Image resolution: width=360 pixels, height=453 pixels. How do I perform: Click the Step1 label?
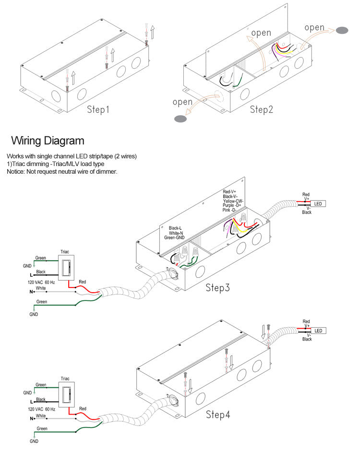pyautogui.click(x=98, y=109)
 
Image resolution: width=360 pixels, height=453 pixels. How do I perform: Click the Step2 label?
pyautogui.click(x=262, y=109)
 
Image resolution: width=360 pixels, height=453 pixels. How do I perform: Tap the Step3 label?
pyautogui.click(x=218, y=288)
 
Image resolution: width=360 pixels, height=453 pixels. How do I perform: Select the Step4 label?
pyautogui.click(x=218, y=415)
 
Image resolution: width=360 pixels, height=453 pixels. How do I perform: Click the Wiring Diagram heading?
pyautogui.click(x=48, y=141)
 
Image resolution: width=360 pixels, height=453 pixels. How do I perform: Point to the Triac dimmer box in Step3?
pyautogui.click(x=66, y=268)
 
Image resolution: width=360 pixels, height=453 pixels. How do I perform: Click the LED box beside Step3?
pyautogui.click(x=318, y=204)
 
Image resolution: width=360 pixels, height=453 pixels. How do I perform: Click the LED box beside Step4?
pyautogui.click(x=318, y=331)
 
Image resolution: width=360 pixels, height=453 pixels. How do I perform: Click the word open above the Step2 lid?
pyautogui.click(x=261, y=33)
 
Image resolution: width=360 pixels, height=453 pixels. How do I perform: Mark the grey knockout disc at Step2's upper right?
pyautogui.click(x=341, y=30)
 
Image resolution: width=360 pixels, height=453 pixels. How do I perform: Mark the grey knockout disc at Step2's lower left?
pyautogui.click(x=180, y=119)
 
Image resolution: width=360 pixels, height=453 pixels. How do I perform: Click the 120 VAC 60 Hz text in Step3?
pyautogui.click(x=41, y=283)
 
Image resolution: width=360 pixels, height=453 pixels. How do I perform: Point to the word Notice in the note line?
pyautogui.click(x=16, y=171)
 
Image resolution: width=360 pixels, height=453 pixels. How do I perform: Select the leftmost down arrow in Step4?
pyautogui.click(x=190, y=385)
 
